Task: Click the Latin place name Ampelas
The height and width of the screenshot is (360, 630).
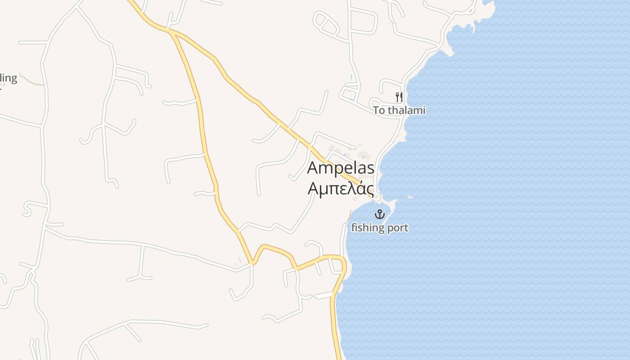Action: coord(341,168)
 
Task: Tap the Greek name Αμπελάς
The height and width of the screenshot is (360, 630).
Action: coord(341,188)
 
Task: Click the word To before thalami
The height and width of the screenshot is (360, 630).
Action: coord(379,110)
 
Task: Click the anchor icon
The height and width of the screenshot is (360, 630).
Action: coord(380,214)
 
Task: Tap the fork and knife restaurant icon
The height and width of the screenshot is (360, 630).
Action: coord(399,97)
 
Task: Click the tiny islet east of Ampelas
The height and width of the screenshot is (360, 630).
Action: coord(410,196)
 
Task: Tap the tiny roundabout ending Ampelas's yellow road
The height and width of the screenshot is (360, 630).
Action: coord(376,197)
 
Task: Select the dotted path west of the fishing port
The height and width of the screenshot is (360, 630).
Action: coord(349,216)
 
